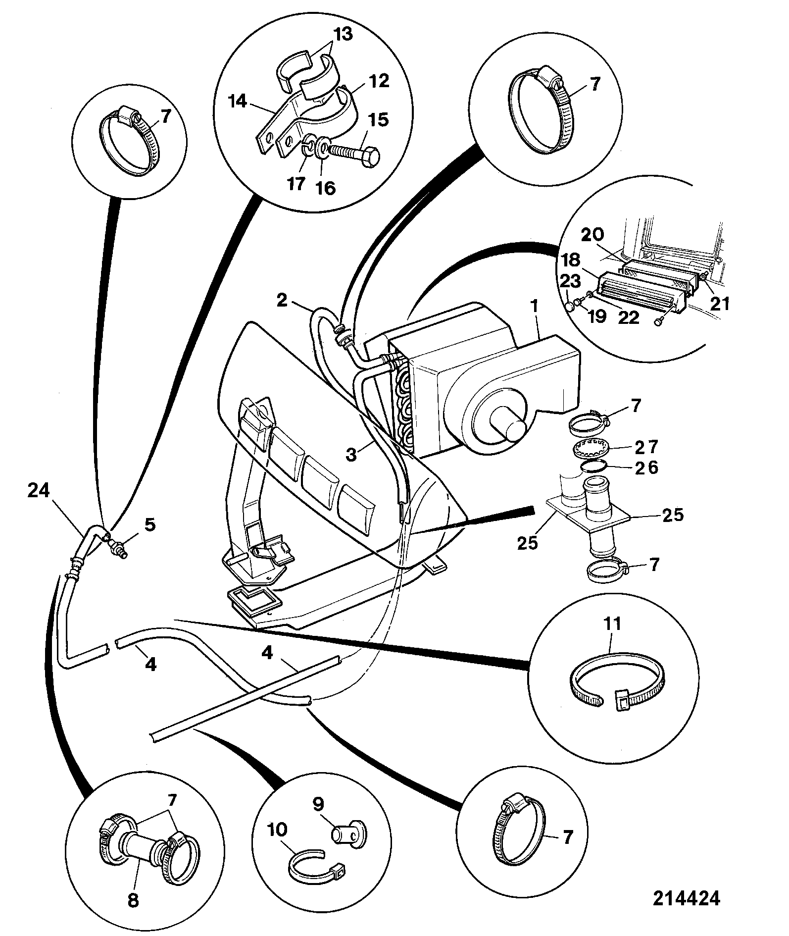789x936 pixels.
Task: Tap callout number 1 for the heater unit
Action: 534,307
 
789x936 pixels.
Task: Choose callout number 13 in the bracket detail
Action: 342,35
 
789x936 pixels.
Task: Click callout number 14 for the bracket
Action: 238,102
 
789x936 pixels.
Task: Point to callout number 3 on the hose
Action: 351,454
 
